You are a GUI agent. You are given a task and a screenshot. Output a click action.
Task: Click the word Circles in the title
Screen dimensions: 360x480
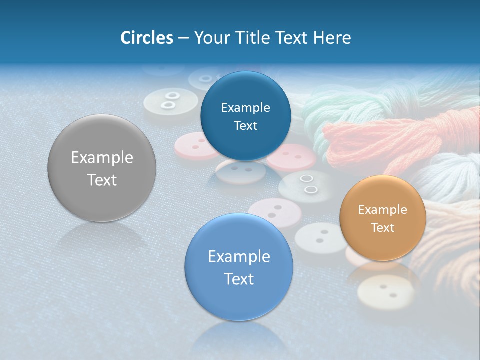[147, 38]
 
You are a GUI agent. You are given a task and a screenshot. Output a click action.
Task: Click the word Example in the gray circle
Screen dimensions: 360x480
[102, 158]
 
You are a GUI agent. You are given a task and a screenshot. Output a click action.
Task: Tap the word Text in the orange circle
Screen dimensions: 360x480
[383, 228]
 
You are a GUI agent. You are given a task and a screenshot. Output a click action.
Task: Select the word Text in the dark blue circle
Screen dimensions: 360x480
[245, 126]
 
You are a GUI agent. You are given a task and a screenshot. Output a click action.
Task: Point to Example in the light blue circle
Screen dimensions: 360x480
[239, 257]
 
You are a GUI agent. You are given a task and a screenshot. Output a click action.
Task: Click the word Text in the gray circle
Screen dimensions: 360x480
[102, 180]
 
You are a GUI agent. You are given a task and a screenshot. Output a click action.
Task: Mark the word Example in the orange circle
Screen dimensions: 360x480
[383, 210]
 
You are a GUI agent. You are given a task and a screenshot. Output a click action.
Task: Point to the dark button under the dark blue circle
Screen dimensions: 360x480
[241, 171]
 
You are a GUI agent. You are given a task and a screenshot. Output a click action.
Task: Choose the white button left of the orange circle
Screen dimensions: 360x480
[320, 237]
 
